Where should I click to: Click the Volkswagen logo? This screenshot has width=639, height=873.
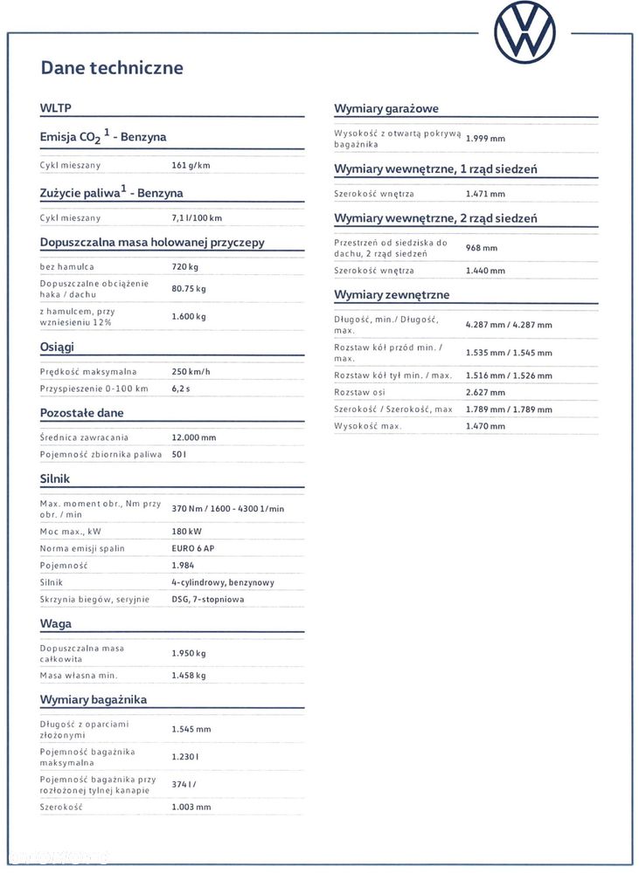point(524,32)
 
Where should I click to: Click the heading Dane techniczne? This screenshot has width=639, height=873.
point(112,67)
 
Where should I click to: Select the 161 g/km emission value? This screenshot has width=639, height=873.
point(191,165)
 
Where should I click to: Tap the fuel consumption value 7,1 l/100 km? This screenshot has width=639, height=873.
point(197,217)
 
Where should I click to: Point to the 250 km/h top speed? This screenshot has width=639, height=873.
point(191,371)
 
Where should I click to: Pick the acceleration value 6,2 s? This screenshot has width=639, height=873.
point(181,388)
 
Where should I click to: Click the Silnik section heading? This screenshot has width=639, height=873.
point(55,478)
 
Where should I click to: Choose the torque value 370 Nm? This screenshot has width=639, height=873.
point(188,508)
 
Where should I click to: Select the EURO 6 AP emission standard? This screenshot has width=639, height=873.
point(192,548)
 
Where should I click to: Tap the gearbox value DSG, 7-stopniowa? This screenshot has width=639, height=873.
point(208,599)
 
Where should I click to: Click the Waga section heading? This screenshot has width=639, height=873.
point(56,623)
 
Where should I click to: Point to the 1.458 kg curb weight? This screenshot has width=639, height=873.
point(189,675)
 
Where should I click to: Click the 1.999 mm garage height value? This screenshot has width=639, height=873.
point(485,138)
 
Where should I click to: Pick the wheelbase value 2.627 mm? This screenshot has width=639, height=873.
point(485,392)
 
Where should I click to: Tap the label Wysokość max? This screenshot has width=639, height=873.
point(368,426)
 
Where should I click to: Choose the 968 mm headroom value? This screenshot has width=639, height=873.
point(482,248)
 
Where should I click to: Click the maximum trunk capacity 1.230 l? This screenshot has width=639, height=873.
point(185,756)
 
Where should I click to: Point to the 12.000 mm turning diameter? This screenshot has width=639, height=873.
point(194,437)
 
